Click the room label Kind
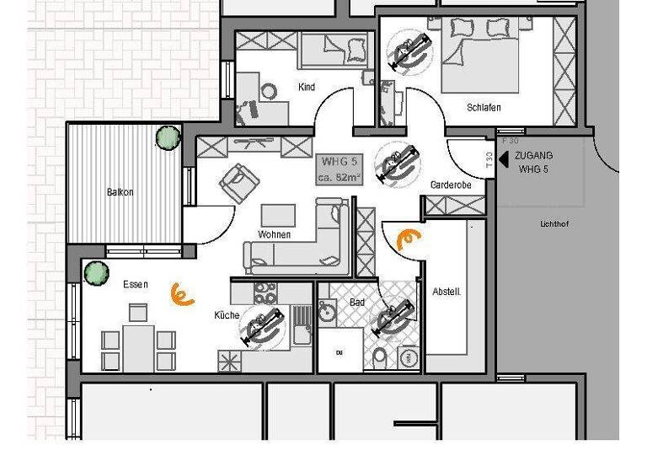point(307,87)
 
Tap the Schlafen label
point(484,108)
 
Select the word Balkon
point(120,192)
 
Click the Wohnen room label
point(275,234)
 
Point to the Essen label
point(135,285)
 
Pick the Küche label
point(227,315)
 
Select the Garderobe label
point(451,185)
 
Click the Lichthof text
point(555,224)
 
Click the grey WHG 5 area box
point(340,169)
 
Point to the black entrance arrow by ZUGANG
point(503,161)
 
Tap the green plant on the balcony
point(168,137)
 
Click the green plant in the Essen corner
point(97,273)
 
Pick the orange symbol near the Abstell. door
point(409,239)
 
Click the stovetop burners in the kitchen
point(265,293)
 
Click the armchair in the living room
point(238,180)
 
